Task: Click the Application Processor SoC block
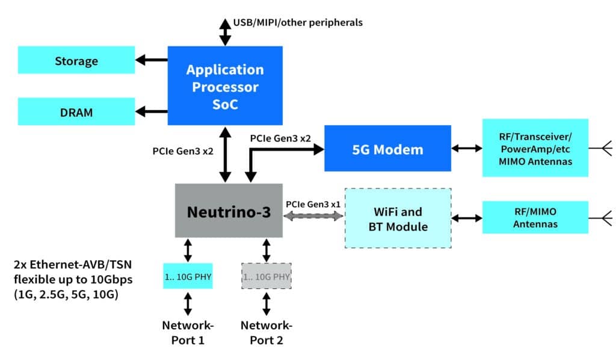[225, 86]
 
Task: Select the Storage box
[76, 60]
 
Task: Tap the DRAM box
[76, 112]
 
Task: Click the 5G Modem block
[387, 148]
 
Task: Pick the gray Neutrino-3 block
[229, 211]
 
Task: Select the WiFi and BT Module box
[398, 219]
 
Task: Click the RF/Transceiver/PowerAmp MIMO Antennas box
[535, 148]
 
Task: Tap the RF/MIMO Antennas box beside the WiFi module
[535, 217]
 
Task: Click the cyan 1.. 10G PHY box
[188, 276]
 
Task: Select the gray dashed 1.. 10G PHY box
[266, 276]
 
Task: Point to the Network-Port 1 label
[188, 332]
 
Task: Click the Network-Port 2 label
[266, 332]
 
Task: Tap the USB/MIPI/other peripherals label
[298, 23]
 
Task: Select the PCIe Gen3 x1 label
[313, 203]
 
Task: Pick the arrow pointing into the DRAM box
[151, 111]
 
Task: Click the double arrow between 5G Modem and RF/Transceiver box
[467, 148]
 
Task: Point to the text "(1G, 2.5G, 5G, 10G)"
[66, 294]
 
